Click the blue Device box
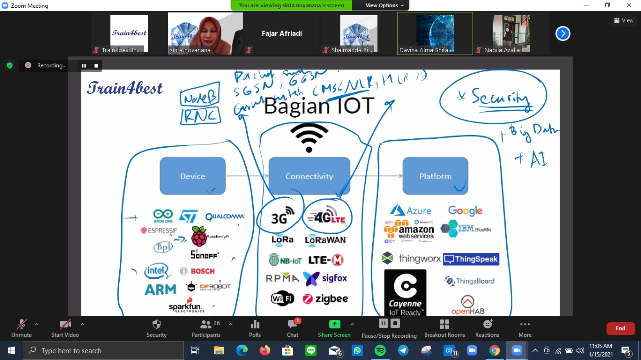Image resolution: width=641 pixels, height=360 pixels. [193, 176]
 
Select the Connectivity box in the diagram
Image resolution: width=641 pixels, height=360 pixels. [309, 176]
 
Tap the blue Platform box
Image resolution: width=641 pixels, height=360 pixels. [435, 176]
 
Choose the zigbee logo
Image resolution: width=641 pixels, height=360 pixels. [326, 299]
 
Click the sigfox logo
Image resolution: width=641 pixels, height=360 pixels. [325, 278]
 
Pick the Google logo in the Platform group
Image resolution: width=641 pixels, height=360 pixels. [465, 211]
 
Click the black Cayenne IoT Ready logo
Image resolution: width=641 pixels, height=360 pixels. [405, 292]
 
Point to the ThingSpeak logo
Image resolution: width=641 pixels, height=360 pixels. [471, 259]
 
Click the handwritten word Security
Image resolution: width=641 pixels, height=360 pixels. [500, 97]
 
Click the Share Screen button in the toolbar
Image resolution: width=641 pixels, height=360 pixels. [334, 328]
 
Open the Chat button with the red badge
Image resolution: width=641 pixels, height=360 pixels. [293, 328]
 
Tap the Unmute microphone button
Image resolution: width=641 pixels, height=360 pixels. [21, 328]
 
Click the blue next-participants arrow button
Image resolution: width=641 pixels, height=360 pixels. [563, 33]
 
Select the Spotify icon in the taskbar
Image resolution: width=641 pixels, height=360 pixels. [380, 351]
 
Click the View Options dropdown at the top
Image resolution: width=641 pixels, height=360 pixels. [384, 5]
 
